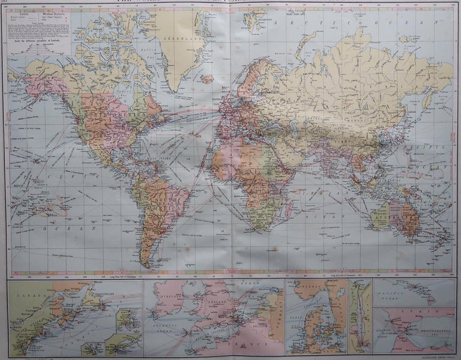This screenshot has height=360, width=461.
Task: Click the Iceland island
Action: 207,79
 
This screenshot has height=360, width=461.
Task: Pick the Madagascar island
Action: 289,204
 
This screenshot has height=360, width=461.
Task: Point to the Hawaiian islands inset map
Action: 414,292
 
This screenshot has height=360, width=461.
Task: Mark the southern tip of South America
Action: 148,266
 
